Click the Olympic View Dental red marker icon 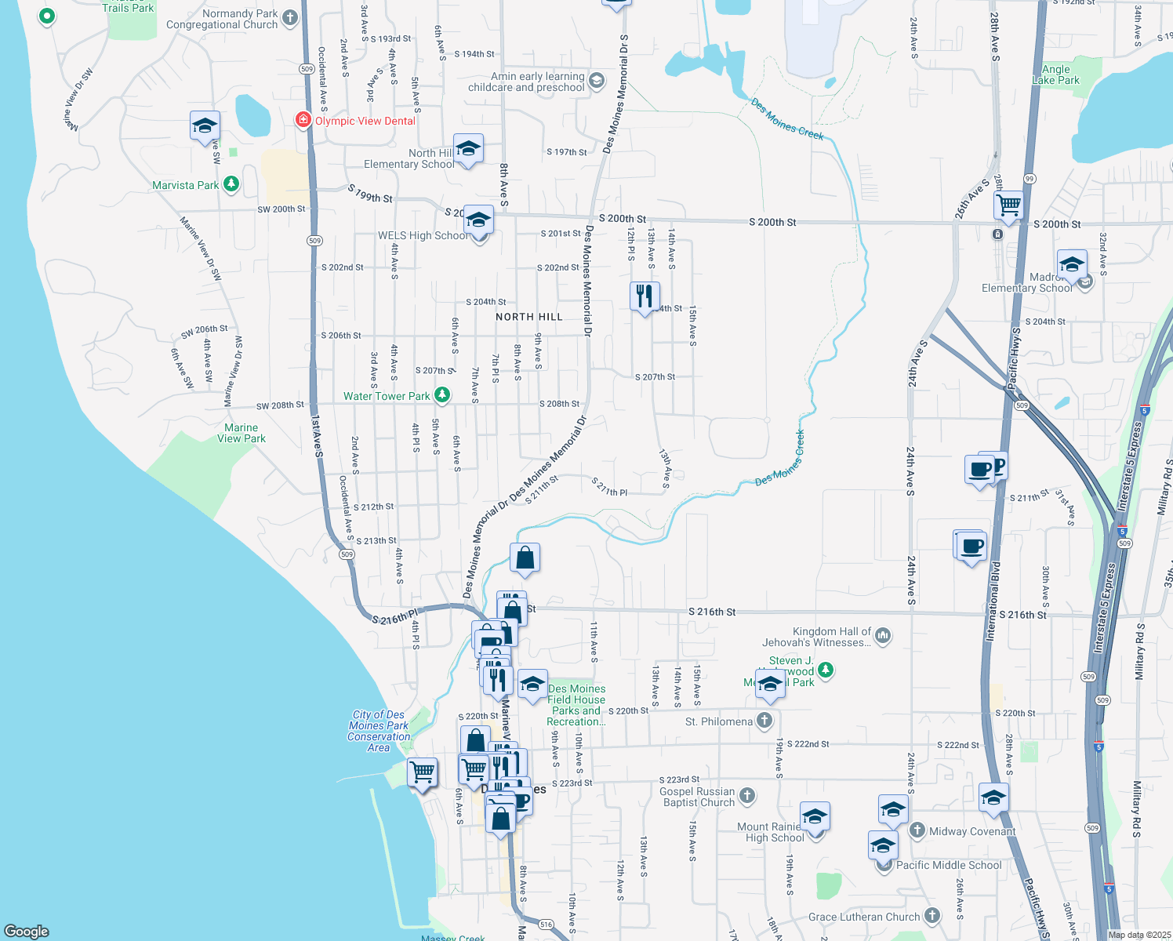click(x=303, y=121)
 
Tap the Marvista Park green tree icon click(x=231, y=184)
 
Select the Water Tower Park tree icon click(x=442, y=395)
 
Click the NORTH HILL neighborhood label click(x=529, y=317)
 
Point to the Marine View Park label click(x=241, y=433)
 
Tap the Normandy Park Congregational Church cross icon click(x=290, y=17)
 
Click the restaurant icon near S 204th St click(x=644, y=296)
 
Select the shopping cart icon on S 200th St click(x=1008, y=205)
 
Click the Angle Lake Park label click(x=1056, y=74)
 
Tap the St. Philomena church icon click(x=764, y=721)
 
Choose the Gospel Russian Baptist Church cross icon click(x=747, y=796)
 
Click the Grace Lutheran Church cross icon click(x=931, y=915)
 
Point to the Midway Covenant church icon click(x=917, y=830)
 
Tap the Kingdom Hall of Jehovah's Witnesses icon click(x=883, y=635)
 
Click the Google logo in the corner click(x=27, y=931)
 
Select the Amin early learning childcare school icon click(x=597, y=81)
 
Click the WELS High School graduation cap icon click(x=478, y=220)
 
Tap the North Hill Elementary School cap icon click(x=468, y=148)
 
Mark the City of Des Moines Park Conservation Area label click(x=379, y=731)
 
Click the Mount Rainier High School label click(x=769, y=832)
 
